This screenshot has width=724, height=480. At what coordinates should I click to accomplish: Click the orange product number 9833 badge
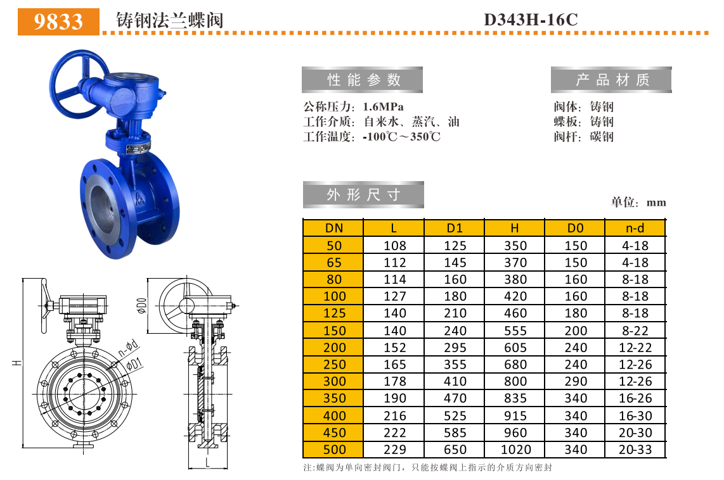58,21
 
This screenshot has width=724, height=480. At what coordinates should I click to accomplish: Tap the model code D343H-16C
531,20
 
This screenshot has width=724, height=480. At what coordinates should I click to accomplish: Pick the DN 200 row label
335,348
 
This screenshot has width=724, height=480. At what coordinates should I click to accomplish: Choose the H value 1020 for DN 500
515,450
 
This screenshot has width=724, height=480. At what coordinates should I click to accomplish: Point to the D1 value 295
455,348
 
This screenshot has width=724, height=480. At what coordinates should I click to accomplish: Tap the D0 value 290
576,381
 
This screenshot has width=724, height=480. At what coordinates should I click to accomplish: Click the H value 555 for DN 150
515,331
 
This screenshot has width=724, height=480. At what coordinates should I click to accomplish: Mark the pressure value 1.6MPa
383,106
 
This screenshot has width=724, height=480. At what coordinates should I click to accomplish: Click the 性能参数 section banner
364,80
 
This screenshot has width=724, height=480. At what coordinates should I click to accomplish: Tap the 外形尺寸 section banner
364,194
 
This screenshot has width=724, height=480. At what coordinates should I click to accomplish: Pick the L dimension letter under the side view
208,463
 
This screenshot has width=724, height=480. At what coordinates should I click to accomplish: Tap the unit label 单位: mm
638,203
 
